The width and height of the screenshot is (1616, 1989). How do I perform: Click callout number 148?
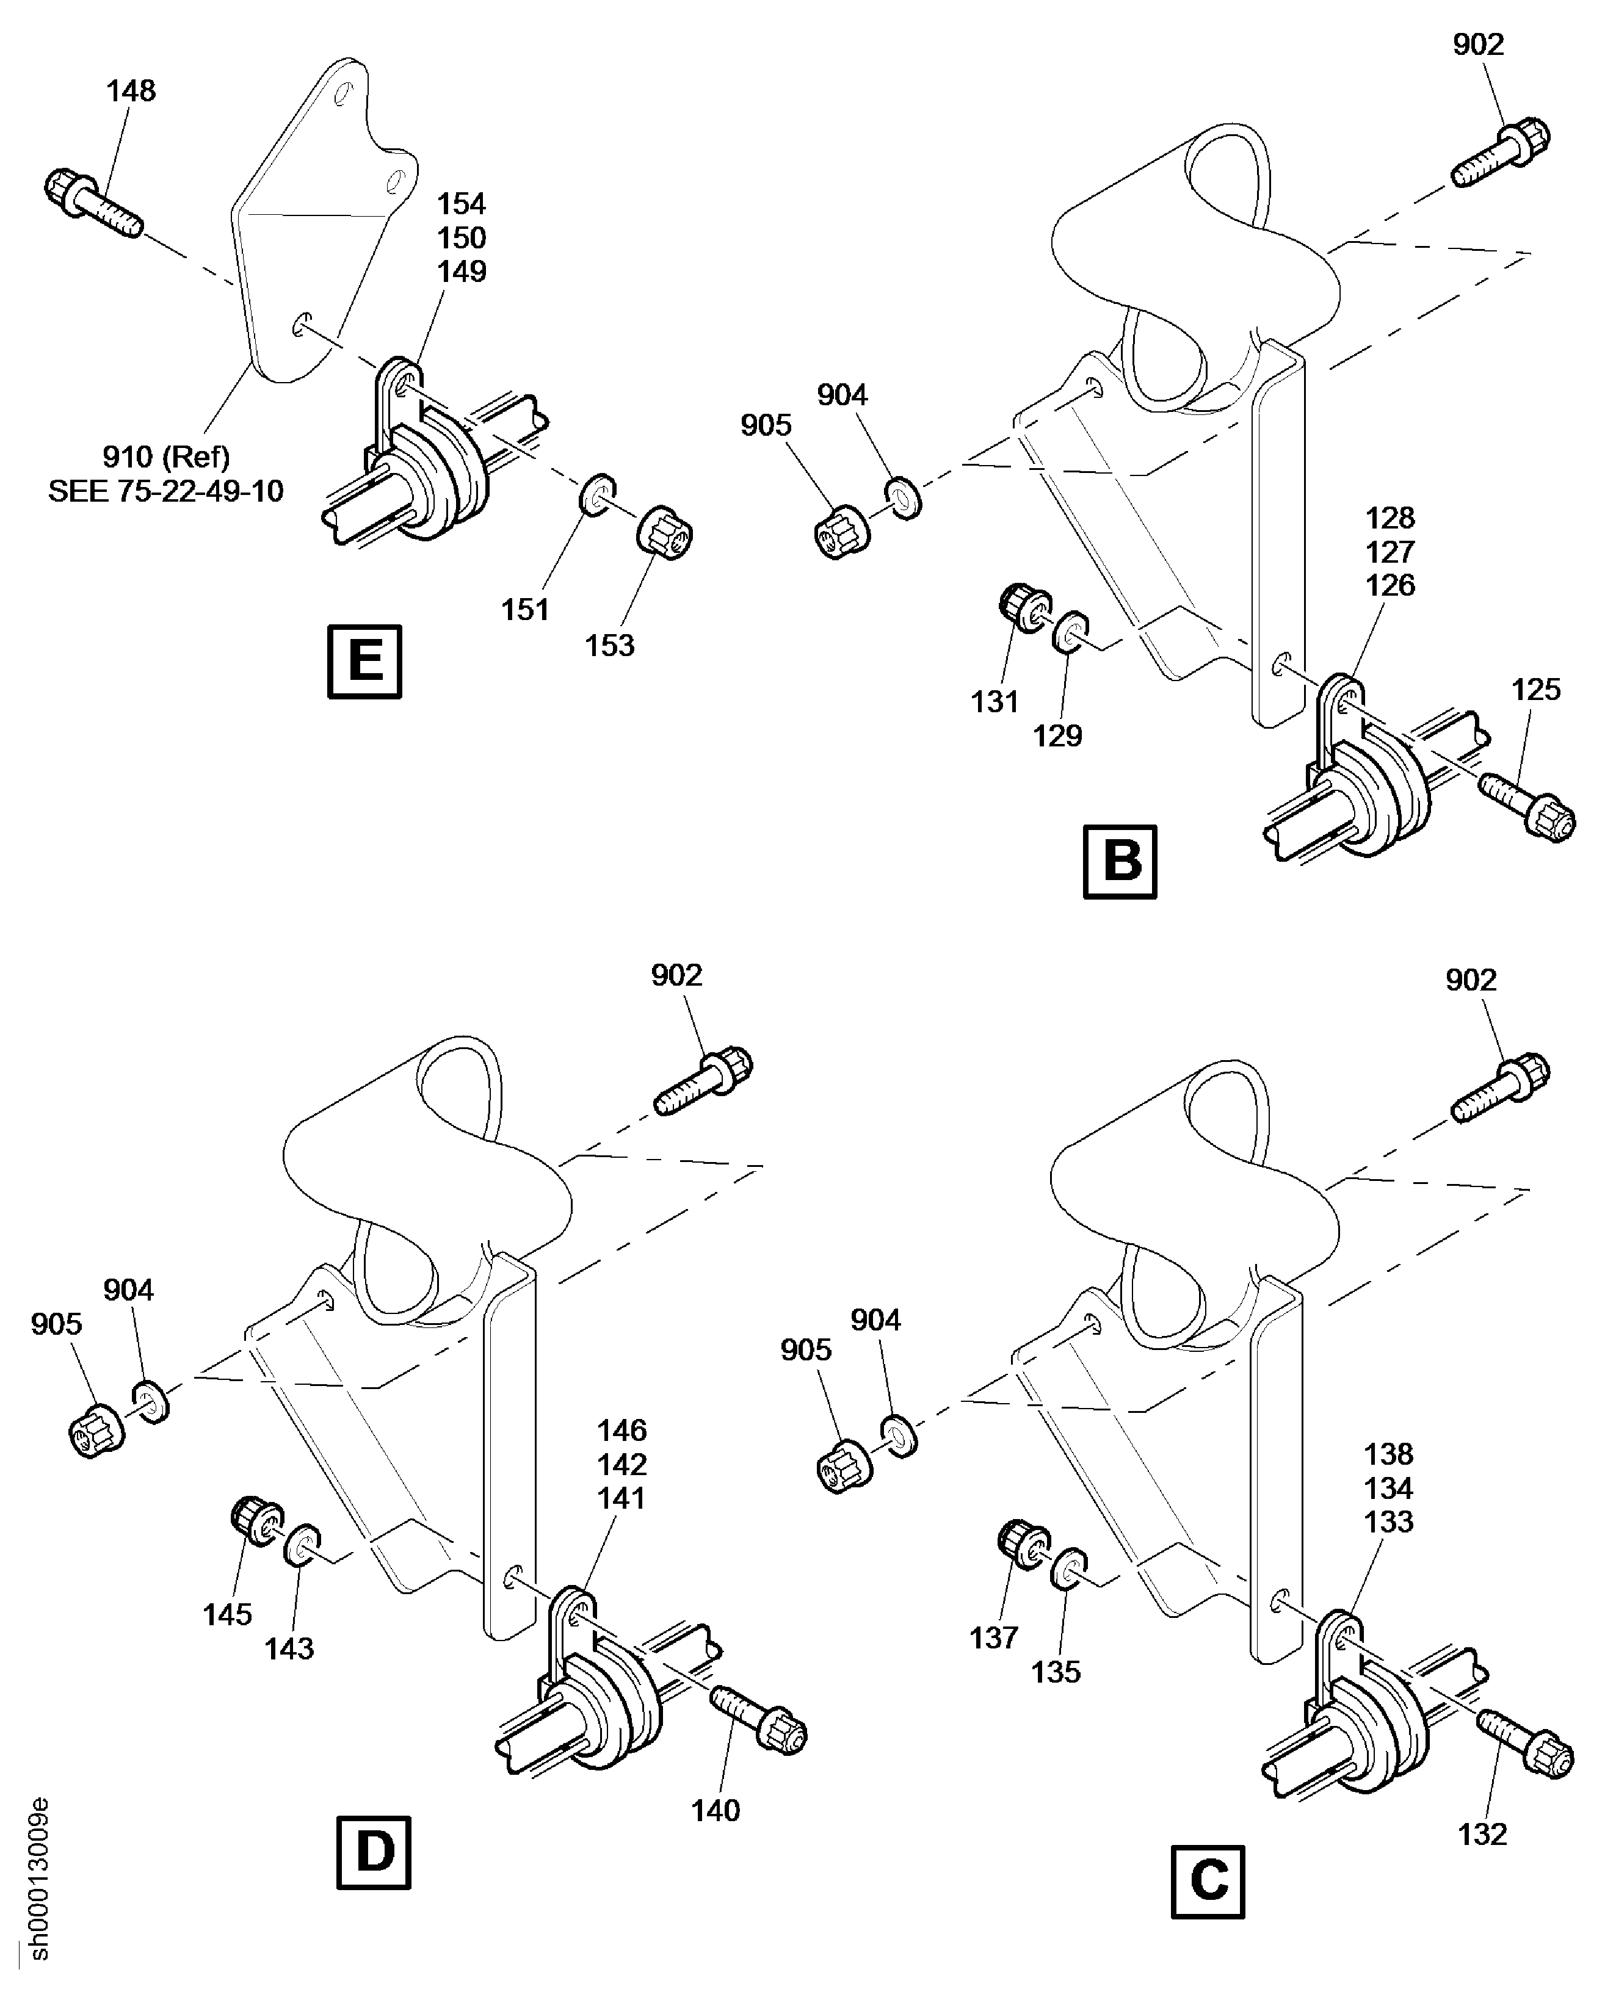pos(130,91)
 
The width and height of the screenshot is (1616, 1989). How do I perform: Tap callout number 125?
pos(1536,690)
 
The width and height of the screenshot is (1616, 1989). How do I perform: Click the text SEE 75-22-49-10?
pos(165,491)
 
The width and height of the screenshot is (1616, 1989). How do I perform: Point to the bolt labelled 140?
pos(759,1722)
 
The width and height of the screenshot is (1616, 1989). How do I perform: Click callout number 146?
pos(622,1431)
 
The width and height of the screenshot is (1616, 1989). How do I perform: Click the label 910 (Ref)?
pos(165,457)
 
